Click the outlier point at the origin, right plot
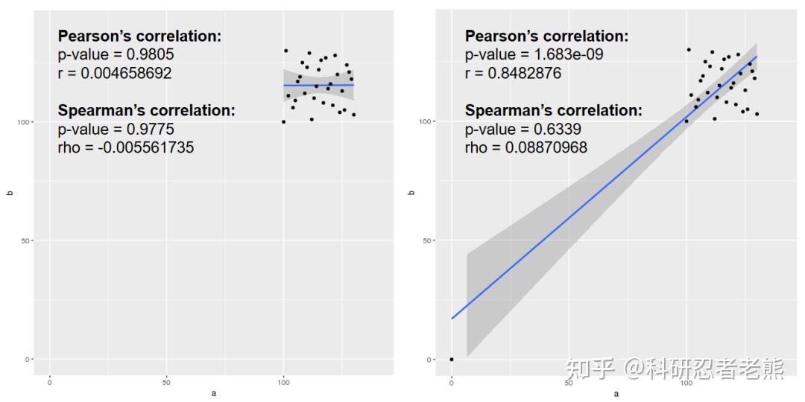[451, 359]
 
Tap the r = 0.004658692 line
[115, 73]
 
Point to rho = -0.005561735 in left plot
[126, 147]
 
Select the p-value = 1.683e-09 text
[534, 54]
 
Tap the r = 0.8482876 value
[514, 73]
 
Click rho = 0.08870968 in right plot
[526, 147]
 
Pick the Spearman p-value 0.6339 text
[524, 129]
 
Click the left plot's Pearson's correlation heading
[139, 36]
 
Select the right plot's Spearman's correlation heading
[553, 110]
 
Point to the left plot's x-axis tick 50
[166, 383]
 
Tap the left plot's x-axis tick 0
[50, 383]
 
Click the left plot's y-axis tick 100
[25, 122]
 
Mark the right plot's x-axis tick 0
[451, 383]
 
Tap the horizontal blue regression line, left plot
[318, 85]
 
